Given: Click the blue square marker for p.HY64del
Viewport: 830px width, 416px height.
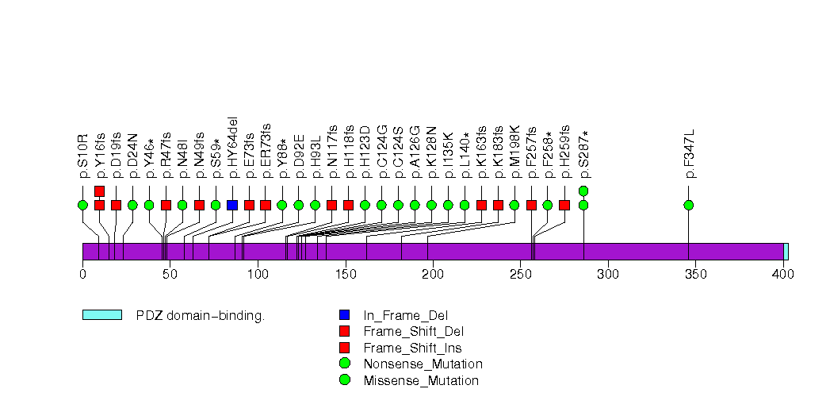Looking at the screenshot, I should point(232,205).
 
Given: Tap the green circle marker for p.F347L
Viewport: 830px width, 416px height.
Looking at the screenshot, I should point(688,205).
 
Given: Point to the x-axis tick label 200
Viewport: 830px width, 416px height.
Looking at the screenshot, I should point(433,275).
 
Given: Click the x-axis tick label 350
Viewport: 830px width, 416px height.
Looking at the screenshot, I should point(695,275).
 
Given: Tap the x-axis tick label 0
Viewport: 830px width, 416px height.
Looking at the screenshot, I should point(82,275).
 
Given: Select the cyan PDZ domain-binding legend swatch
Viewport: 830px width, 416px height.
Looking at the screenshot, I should point(101,315).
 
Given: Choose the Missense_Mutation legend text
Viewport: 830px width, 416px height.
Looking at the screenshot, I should point(421,381).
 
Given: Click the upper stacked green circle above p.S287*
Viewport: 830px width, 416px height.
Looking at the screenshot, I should point(583,191).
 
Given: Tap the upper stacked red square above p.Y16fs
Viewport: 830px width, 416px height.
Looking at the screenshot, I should point(99,191).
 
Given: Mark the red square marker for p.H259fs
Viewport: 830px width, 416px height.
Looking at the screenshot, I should point(564,205).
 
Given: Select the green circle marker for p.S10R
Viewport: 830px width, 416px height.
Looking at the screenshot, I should point(82,205).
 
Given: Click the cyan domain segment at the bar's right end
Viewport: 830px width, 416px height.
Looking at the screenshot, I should point(786,252).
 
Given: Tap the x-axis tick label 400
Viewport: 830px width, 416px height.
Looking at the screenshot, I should point(783,275).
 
